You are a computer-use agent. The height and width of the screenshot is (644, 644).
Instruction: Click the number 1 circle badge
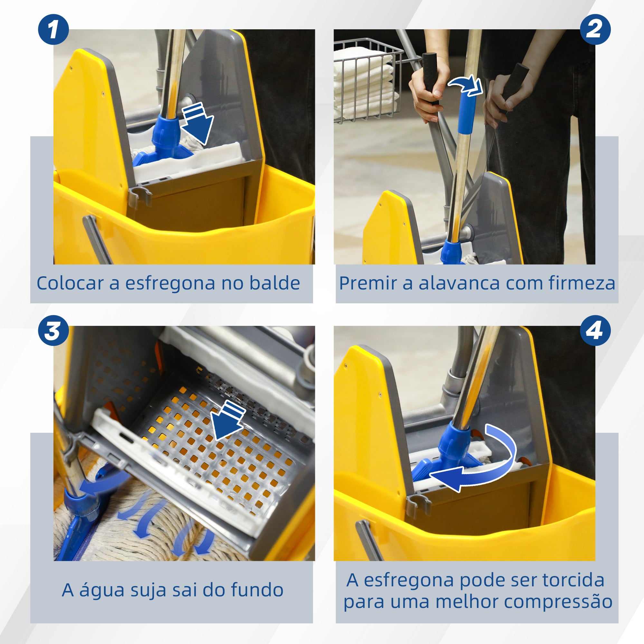pyautogui.click(x=53, y=30)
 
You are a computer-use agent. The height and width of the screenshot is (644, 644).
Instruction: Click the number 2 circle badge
pyautogui.click(x=595, y=30)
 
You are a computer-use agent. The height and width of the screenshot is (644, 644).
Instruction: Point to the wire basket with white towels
pyautogui.click(x=367, y=80)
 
